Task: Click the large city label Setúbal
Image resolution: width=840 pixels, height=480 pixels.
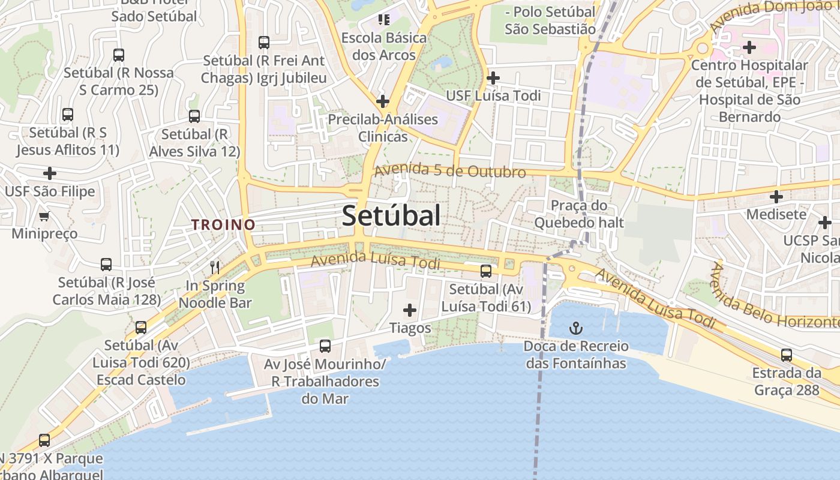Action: pyautogui.click(x=391, y=215)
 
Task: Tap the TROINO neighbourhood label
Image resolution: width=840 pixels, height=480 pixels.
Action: pyautogui.click(x=223, y=225)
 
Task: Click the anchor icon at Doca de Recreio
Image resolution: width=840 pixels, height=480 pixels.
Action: pyautogui.click(x=576, y=328)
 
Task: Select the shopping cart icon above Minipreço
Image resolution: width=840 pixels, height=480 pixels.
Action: pyautogui.click(x=44, y=216)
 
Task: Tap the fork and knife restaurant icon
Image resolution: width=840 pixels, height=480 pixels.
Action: pyautogui.click(x=215, y=267)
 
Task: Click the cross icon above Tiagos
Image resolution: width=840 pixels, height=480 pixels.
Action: pyautogui.click(x=410, y=310)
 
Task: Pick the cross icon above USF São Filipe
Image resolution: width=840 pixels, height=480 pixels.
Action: pyautogui.click(x=50, y=174)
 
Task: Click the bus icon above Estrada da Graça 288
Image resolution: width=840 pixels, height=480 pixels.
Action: pyautogui.click(x=787, y=355)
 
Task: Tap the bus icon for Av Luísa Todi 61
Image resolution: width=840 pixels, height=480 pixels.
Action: pyautogui.click(x=486, y=271)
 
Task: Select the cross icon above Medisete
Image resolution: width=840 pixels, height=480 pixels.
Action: pyautogui.click(x=776, y=196)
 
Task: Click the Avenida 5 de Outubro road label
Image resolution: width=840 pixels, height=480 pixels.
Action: pyautogui.click(x=450, y=171)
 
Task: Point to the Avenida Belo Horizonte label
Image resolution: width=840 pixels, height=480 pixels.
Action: pyautogui.click(x=774, y=300)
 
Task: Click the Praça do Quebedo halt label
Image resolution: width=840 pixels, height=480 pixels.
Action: pyautogui.click(x=579, y=214)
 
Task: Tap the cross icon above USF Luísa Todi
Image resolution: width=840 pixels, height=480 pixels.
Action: pyautogui.click(x=493, y=78)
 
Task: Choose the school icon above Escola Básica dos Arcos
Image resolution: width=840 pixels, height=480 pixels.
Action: pyautogui.click(x=384, y=20)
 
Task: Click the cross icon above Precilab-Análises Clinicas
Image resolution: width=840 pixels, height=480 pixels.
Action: pyautogui.click(x=383, y=101)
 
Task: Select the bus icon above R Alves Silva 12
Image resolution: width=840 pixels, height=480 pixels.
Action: pyautogui.click(x=194, y=116)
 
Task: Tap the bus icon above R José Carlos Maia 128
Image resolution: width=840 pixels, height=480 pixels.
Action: pyautogui.click(x=106, y=264)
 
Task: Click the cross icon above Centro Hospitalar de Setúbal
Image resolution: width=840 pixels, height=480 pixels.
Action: pyautogui.click(x=749, y=47)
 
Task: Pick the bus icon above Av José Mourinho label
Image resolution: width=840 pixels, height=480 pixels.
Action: pyautogui.click(x=325, y=346)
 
